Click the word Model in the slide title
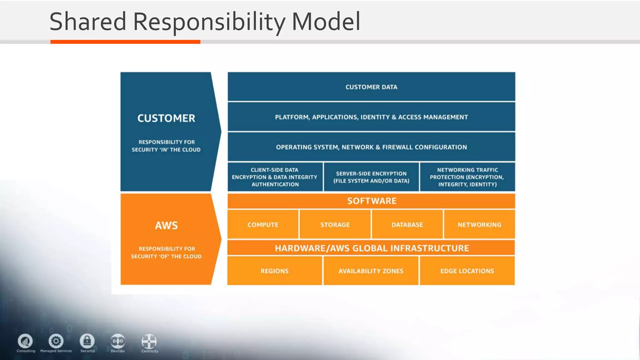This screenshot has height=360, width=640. (x=326, y=22)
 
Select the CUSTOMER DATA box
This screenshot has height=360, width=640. (x=371, y=87)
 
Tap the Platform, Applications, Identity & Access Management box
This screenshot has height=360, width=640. (x=371, y=117)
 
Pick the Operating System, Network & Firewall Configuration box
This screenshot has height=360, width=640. (x=371, y=147)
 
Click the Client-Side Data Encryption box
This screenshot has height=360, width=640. (x=275, y=177)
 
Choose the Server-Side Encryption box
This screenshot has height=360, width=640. (x=371, y=177)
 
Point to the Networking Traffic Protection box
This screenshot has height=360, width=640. (x=467, y=177)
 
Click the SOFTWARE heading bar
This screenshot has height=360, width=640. (x=371, y=201)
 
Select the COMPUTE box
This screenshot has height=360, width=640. (x=263, y=224)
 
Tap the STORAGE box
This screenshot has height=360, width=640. (x=335, y=224)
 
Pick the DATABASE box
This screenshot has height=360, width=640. (x=407, y=224)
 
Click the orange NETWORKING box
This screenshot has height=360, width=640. (x=479, y=224)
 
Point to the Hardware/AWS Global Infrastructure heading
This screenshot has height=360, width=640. (x=371, y=248)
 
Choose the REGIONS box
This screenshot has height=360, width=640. (x=274, y=271)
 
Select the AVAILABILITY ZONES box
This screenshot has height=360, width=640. (x=371, y=271)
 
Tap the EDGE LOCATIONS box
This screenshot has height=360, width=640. (x=467, y=271)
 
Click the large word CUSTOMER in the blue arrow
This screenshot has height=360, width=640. (x=166, y=118)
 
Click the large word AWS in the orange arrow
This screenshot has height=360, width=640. (x=166, y=225)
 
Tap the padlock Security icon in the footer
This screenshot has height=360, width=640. (x=87, y=341)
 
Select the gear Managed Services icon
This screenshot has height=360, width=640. (x=56, y=341)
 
